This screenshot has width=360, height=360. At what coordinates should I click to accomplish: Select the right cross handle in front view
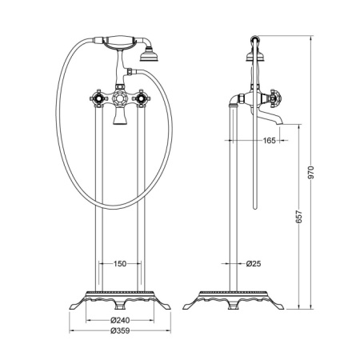point(142,100)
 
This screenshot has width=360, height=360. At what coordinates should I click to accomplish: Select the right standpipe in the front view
point(142,200)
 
